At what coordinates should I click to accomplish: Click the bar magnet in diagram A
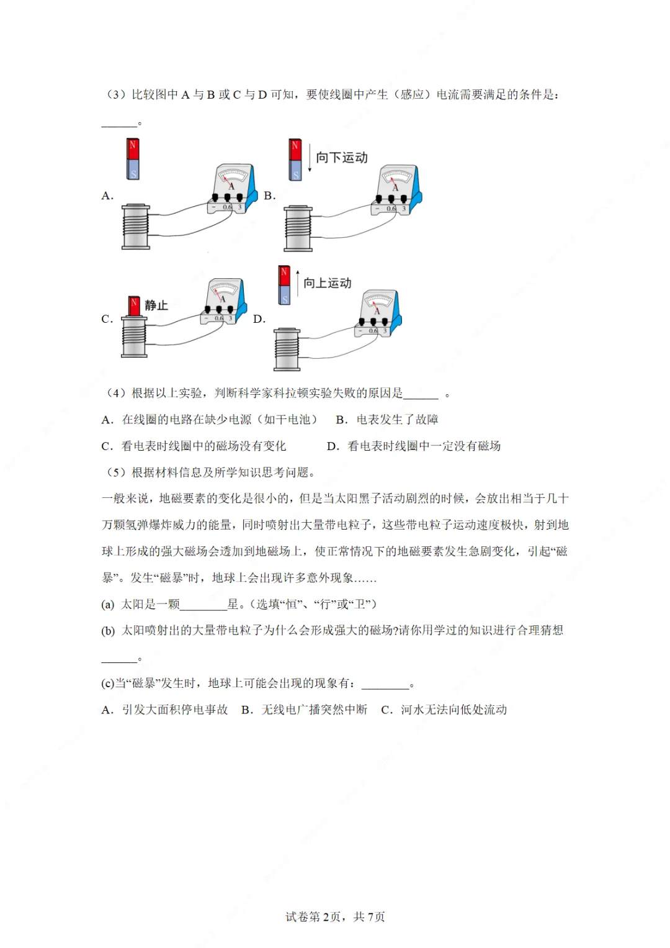[133, 159]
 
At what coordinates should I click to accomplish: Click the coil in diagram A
[136, 227]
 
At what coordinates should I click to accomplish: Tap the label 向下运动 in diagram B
[342, 158]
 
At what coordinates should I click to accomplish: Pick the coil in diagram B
[298, 228]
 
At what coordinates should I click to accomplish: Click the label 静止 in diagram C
[156, 305]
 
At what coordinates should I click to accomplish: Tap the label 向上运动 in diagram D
[328, 283]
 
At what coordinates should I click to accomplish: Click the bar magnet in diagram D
[284, 285]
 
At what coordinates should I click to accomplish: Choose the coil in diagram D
[287, 350]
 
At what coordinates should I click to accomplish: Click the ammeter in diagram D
[378, 312]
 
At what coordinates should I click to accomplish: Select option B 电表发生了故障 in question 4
[387, 420]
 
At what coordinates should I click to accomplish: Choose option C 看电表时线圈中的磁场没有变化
[194, 446]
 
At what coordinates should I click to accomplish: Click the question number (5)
[117, 472]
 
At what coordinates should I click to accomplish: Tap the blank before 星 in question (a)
[203, 604]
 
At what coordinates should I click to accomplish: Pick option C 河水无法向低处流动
[444, 710]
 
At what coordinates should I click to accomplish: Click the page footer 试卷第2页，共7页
[335, 917]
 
